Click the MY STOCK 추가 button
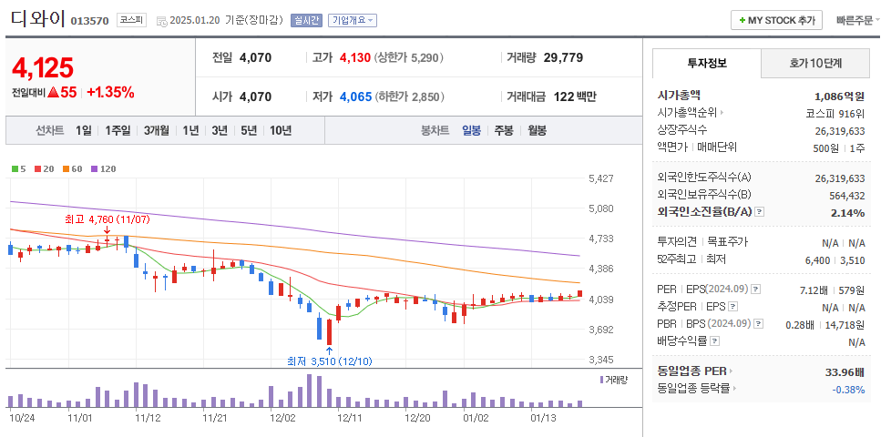pos(777,20)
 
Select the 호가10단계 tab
pos(814,64)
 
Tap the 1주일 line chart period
pos(118,130)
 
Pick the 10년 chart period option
pos(280,130)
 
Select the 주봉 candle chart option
pos(504,130)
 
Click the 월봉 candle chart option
pos(537,130)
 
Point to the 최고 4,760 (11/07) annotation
pos(107,219)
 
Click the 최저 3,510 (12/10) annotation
pos(328,361)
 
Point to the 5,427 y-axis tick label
pos(601,178)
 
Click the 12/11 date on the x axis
pos(351,418)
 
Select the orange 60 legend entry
pos(73,168)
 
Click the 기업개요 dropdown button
pos(353,20)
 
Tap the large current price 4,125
pos(43,66)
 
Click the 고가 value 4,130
pos(354,57)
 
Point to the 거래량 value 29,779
pos(563,57)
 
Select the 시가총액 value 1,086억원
pos(839,96)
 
